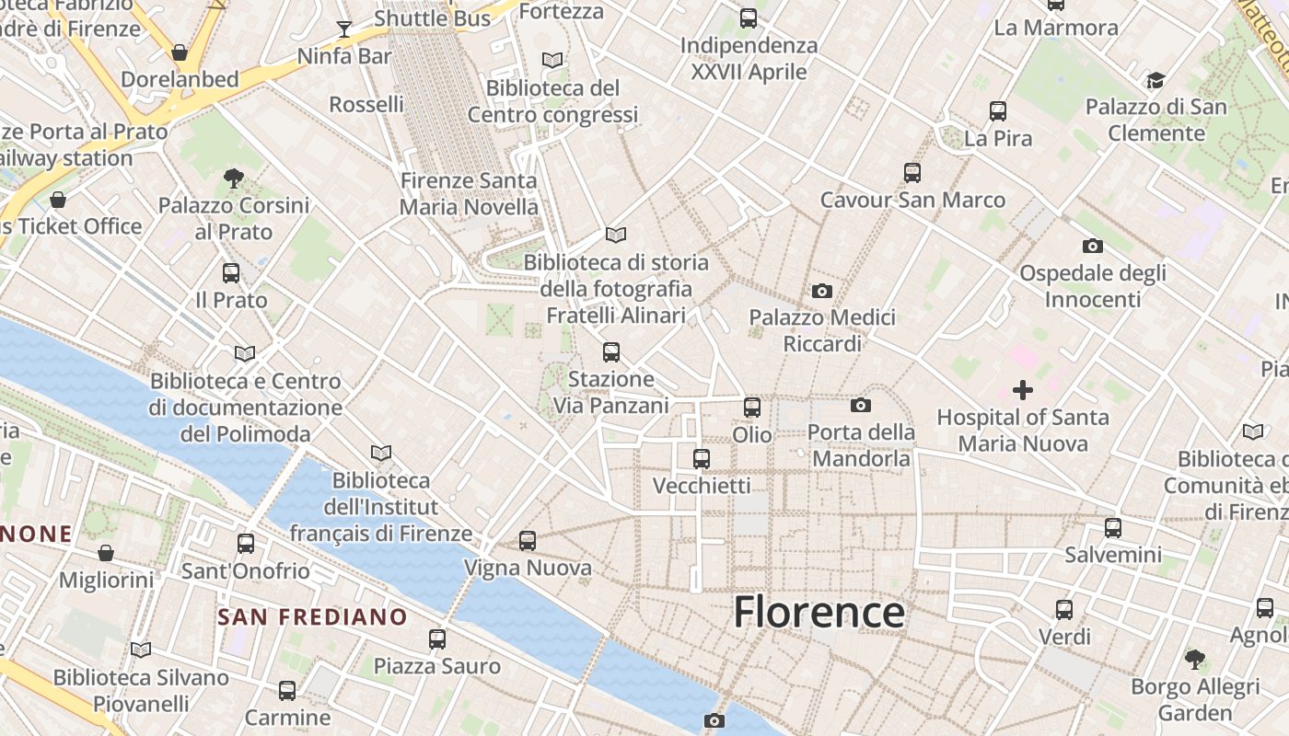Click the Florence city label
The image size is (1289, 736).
(819, 613)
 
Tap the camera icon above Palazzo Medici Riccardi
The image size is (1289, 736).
(822, 292)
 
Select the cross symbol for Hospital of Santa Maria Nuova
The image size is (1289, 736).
(1022, 390)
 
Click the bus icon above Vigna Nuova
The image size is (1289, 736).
(528, 541)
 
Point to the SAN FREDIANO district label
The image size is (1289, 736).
(312, 616)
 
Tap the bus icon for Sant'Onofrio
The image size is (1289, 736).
(246, 544)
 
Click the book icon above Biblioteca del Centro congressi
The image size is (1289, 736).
(552, 61)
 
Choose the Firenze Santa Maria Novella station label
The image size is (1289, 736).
(469, 194)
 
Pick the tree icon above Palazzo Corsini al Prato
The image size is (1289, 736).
(234, 178)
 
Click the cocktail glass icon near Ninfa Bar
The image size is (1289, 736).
(344, 29)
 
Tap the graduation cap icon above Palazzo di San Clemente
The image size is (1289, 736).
(1155, 80)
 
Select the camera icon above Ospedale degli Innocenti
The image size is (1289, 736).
(1093, 246)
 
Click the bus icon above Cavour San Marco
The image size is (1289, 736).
(912, 172)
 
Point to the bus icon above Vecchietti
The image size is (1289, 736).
(702, 458)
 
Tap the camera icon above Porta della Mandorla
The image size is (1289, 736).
(861, 405)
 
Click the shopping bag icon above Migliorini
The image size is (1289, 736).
(106, 553)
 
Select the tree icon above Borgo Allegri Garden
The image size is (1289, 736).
(1195, 659)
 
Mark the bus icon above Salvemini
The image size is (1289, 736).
(1113, 528)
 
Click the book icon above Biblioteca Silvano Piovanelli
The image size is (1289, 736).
(141, 650)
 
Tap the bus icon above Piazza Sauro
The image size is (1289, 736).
(437, 639)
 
